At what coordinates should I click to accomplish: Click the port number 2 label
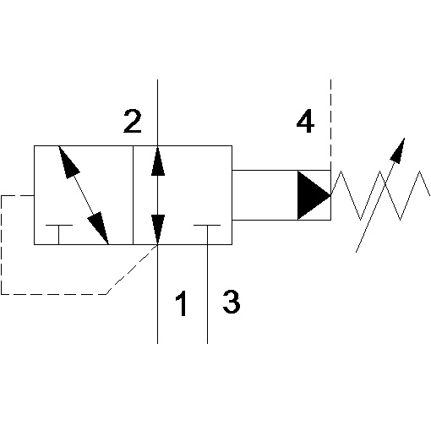[133, 122]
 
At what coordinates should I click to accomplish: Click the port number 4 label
[305, 122]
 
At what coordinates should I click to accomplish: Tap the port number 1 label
[181, 303]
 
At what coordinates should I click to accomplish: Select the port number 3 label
[232, 302]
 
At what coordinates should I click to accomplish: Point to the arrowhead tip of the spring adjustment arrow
[405, 138]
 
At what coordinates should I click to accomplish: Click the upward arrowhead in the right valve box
[158, 161]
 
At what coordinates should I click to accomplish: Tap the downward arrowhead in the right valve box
[158, 230]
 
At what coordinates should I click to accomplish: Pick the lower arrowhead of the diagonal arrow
[99, 228]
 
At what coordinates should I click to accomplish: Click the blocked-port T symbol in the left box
[59, 234]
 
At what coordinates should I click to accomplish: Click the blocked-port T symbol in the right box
[207, 234]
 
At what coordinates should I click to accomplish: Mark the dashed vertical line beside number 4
[330, 125]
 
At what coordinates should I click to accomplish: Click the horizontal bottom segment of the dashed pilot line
[54, 294]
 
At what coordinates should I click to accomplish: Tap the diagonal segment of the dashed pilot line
[132, 270]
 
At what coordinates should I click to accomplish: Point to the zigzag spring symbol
[380, 195]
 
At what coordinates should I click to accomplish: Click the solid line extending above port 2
[157, 112]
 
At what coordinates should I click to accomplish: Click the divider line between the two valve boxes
[133, 195]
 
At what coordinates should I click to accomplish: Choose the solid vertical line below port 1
[157, 294]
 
